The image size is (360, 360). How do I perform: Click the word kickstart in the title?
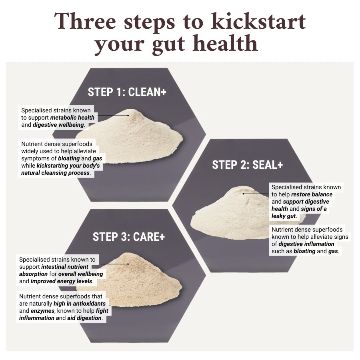click(x=258, y=21)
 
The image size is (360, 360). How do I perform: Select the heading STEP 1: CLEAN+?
click(x=127, y=92)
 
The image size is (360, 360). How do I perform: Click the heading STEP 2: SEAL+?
click(x=247, y=165)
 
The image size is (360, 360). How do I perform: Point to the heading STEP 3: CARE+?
click(x=128, y=237)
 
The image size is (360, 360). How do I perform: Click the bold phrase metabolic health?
click(x=72, y=118)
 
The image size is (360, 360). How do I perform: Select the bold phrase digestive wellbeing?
click(x=58, y=125)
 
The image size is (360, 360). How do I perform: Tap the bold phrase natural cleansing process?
click(x=55, y=173)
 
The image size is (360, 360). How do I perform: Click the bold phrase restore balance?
click(x=312, y=194)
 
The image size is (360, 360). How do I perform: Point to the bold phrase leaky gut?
click(x=284, y=216)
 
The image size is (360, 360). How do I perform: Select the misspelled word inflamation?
click(x=320, y=244)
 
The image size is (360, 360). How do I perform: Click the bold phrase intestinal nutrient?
click(x=65, y=267)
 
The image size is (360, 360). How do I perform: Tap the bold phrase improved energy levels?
click(x=62, y=281)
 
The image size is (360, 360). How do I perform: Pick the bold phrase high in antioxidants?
click(x=80, y=304)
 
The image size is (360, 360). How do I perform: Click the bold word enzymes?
click(x=42, y=311)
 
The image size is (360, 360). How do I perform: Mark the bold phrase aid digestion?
click(x=84, y=318)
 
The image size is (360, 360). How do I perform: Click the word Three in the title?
click(x=85, y=21)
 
